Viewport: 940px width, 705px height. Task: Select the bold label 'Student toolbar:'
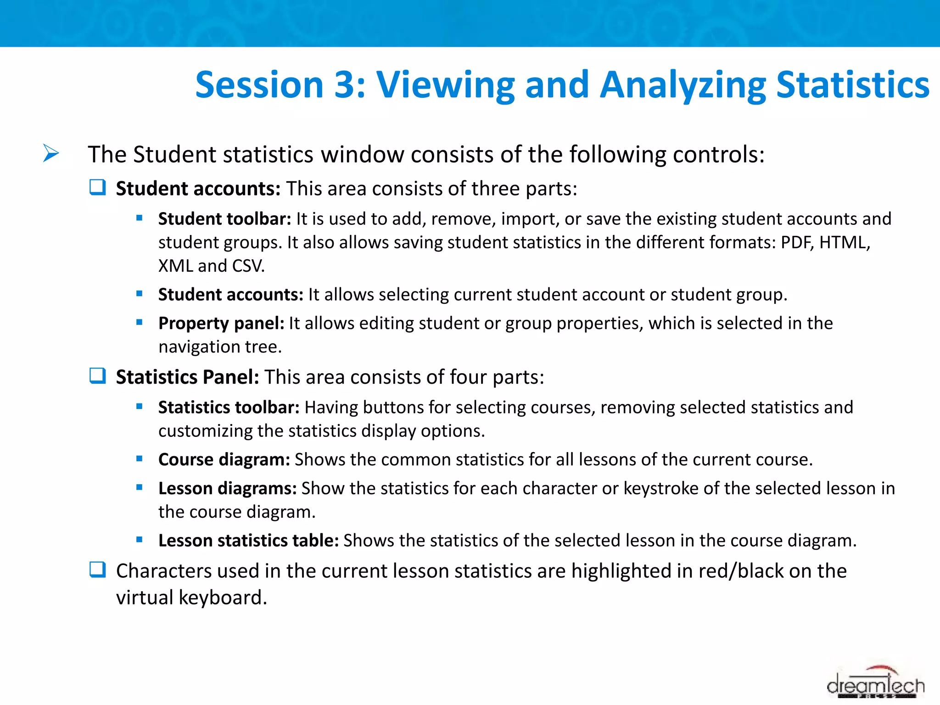(224, 219)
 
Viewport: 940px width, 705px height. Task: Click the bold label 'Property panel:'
(221, 324)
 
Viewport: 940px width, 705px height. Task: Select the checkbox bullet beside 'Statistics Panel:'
(98, 376)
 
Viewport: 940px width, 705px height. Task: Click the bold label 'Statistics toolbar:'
(229, 408)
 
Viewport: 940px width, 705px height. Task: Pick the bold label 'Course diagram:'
(224, 459)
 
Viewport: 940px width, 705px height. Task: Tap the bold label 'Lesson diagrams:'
(227, 488)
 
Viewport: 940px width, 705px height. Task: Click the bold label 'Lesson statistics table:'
(248, 541)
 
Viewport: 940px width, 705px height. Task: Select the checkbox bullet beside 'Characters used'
(98, 570)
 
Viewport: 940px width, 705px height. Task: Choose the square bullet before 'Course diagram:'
(140, 459)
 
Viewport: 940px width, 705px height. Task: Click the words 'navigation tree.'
(220, 347)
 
